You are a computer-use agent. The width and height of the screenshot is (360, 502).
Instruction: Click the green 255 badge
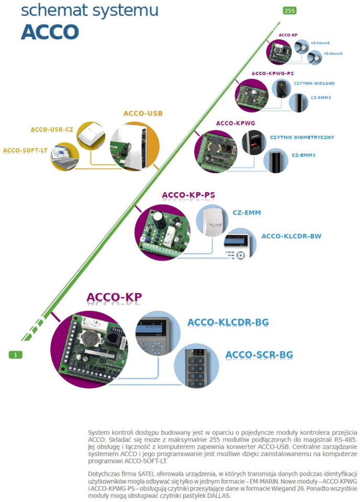[289, 10]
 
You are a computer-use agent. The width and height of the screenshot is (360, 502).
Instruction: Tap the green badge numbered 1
[16, 355]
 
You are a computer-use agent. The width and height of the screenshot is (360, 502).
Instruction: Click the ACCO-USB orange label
[143, 113]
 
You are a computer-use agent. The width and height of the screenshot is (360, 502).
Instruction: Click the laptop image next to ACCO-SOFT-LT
[64, 158]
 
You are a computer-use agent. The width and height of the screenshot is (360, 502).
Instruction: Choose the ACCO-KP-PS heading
[188, 195]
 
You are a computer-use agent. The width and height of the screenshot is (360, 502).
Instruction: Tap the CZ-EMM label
[246, 213]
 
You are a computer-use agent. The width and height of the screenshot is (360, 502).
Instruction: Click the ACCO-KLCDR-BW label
[291, 236]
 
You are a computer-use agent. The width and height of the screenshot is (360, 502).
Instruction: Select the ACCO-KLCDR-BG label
[228, 322]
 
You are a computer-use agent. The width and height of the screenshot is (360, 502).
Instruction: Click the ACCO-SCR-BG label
[259, 355]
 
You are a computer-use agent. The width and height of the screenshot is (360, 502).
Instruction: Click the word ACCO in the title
[50, 32]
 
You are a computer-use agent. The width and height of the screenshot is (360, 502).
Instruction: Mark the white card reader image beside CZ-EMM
[212, 222]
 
